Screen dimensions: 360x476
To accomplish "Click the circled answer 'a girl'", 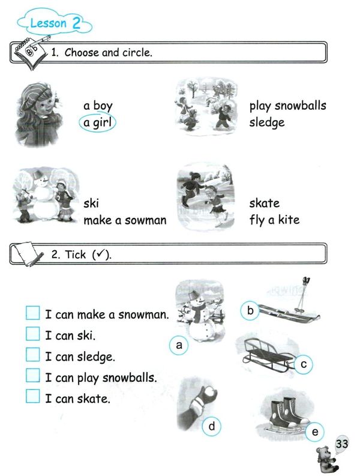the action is [x=97, y=122].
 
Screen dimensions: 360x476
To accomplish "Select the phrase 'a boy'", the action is [x=98, y=106].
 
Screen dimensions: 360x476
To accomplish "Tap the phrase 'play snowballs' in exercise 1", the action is [x=288, y=106].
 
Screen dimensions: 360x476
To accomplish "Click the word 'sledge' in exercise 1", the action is [x=267, y=122].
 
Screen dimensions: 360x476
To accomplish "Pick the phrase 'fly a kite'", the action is [x=274, y=220].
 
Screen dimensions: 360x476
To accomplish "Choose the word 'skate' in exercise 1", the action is [x=265, y=203].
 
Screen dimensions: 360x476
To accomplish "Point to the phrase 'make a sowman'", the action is [x=125, y=220].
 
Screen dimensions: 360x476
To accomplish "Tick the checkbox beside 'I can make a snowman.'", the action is [x=33, y=313].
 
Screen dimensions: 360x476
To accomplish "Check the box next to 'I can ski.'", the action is [x=33, y=334].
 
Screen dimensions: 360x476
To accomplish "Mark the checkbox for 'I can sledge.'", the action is [x=33, y=355].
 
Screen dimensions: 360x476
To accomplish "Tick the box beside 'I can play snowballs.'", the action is [x=33, y=375].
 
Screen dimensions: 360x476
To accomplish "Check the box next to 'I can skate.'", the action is [x=33, y=396].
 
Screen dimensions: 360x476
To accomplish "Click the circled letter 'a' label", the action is [x=179, y=345].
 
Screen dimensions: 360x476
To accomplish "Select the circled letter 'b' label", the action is [x=250, y=310].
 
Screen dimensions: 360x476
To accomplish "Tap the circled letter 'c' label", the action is [x=303, y=364].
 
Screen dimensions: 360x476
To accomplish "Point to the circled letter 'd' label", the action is [x=212, y=426].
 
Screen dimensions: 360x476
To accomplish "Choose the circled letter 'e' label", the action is [x=315, y=432].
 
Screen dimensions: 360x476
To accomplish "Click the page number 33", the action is [x=341, y=444].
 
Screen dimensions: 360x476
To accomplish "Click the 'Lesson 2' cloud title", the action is [x=55, y=22].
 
